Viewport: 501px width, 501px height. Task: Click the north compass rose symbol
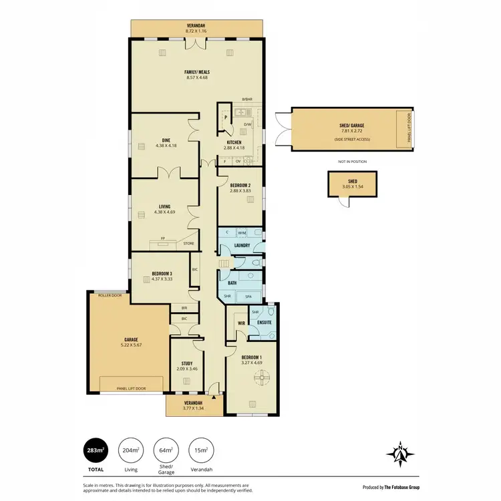point(399,454)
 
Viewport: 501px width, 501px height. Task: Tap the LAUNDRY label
point(242,245)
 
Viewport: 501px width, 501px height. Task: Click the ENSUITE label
point(263,323)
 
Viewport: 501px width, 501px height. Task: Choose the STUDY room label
point(187,363)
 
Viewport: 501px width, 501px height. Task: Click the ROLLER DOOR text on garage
point(110,295)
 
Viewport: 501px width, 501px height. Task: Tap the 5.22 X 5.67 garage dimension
point(130,345)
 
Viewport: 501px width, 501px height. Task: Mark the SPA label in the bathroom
point(248,296)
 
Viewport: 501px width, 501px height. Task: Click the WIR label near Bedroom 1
point(242,323)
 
